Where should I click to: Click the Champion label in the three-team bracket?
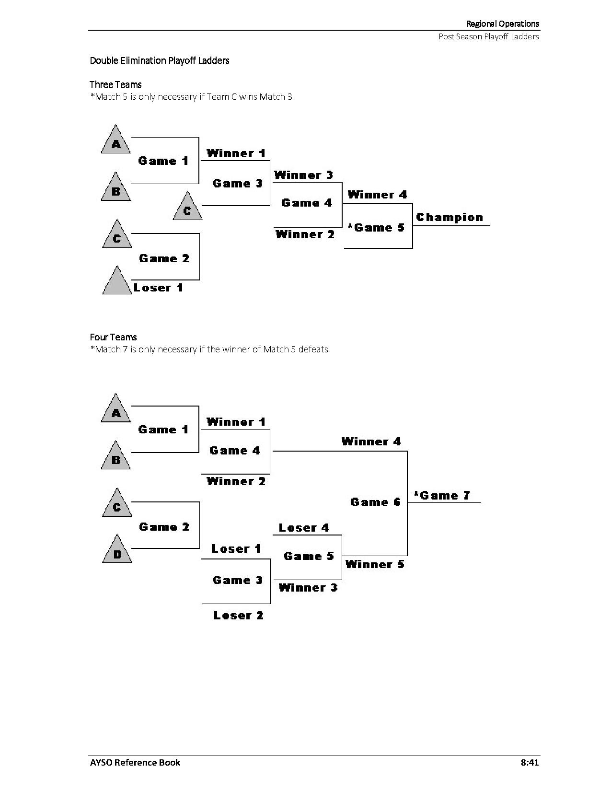(450, 217)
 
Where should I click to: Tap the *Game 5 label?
(376, 228)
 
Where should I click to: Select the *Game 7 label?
(442, 495)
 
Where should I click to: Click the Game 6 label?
(375, 502)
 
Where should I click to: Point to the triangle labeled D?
(117, 551)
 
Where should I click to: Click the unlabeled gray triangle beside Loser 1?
(116, 282)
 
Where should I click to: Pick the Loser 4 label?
(304, 528)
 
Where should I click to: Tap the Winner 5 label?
(375, 564)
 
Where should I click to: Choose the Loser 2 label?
(239, 615)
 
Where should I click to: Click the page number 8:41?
(530, 762)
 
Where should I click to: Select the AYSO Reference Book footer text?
(135, 762)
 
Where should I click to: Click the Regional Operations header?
(503, 23)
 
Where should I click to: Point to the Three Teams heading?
(115, 84)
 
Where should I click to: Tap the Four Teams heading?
(113, 337)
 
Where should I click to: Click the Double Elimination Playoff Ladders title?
(160, 60)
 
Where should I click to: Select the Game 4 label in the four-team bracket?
(235, 451)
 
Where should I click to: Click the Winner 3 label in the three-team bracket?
(303, 175)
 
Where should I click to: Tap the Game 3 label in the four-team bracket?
(237, 580)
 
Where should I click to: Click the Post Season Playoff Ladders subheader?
(489, 36)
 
